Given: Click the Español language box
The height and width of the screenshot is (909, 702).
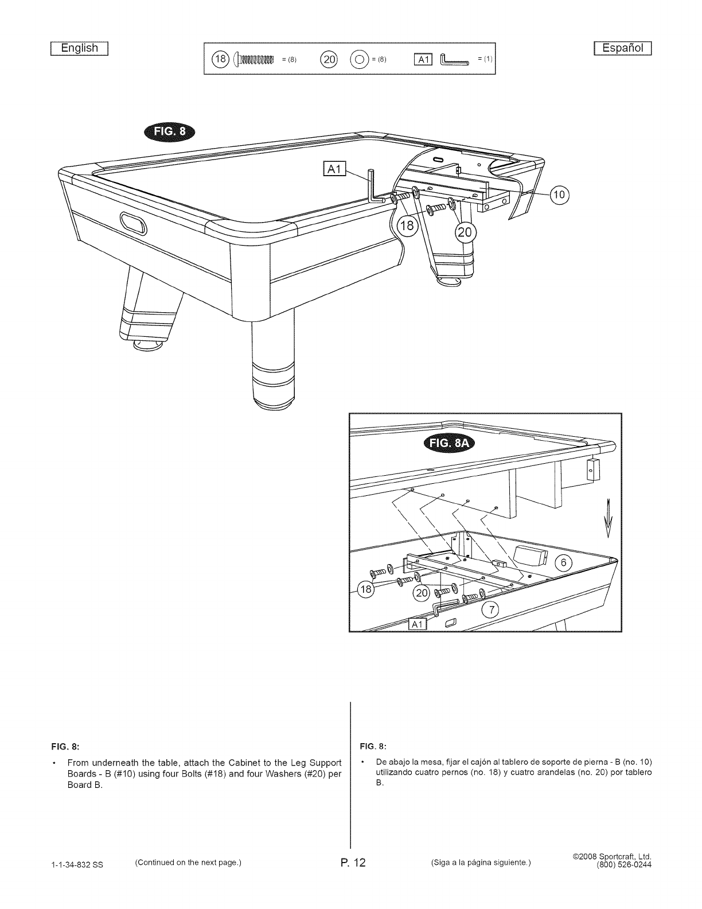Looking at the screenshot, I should point(622,48).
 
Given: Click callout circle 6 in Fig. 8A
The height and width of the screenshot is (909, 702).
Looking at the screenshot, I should point(563,563).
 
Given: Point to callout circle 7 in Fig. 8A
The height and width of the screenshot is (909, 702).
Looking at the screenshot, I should point(490,609).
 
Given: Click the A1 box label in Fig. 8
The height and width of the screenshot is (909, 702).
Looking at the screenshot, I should point(333,169).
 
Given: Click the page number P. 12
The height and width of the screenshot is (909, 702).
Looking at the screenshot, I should point(351,864).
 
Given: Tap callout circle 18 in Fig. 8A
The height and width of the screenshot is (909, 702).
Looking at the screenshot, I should point(365,589).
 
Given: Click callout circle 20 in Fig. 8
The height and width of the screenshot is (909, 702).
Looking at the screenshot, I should point(464,232).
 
